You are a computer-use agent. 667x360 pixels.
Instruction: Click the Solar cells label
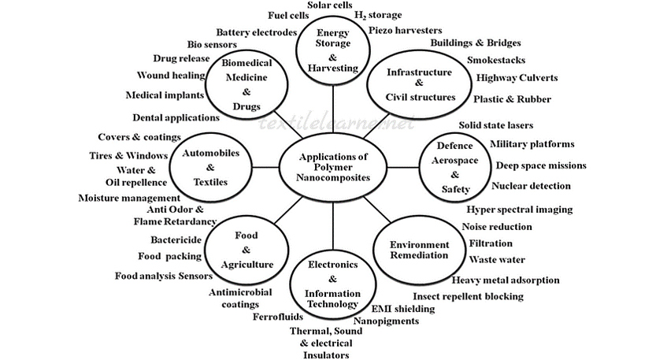pos(329,5)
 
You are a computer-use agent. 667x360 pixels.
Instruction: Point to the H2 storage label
pos(378,15)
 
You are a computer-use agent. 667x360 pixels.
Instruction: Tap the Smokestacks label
pos(496,60)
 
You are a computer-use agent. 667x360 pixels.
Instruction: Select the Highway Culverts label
pos(517,78)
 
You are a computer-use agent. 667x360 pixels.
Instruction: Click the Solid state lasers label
pos(495,125)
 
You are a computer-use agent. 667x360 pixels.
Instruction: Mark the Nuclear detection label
pos(532,186)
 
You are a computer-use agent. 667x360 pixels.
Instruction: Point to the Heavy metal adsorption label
pos(506,280)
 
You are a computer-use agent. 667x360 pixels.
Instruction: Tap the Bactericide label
pos(176,239)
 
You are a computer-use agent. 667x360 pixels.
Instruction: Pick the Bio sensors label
pos(212,45)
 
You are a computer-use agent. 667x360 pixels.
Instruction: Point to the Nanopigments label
pos(386,321)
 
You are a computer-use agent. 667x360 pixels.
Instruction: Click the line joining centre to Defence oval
pos(402,167)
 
